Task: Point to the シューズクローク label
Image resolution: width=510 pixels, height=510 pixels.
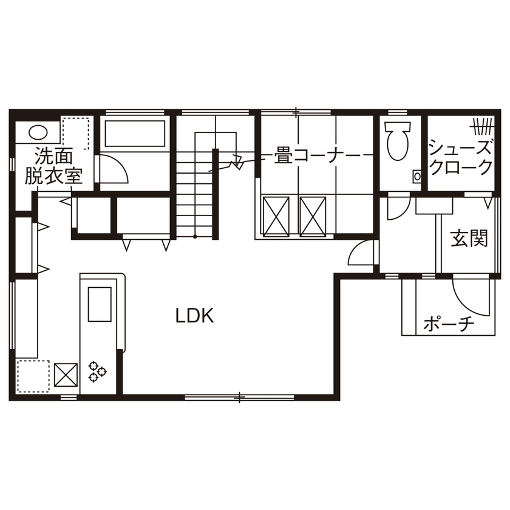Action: (x=460, y=157)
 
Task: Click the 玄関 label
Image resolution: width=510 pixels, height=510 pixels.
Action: (x=469, y=239)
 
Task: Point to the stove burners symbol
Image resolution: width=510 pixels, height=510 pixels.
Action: (x=97, y=371)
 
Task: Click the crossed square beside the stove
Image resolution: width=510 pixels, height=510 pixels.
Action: (x=66, y=374)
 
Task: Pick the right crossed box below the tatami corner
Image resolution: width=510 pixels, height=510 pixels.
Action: (x=313, y=215)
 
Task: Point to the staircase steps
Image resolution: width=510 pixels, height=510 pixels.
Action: (x=195, y=194)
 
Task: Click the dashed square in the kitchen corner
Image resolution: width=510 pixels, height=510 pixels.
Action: (x=33, y=376)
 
